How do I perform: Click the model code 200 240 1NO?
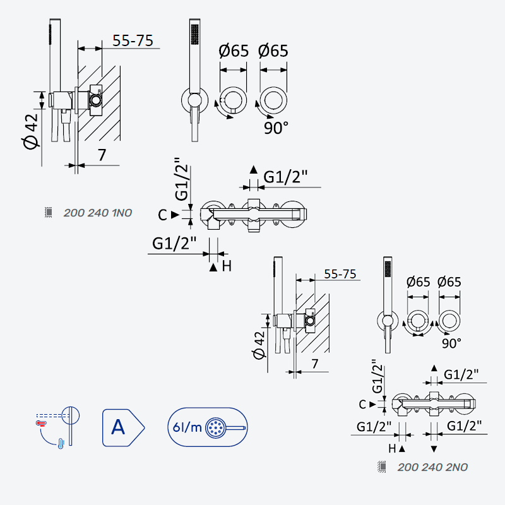point(98,213)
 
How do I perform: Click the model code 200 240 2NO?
point(432,467)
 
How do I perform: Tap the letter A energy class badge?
point(123,428)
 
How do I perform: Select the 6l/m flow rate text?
point(187,427)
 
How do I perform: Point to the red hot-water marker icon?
point(41,423)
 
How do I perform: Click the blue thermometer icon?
point(61,443)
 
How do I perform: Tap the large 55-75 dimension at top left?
point(133,40)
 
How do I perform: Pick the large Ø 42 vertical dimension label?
point(31,131)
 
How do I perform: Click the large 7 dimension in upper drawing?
point(102,155)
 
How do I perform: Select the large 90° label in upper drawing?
point(276,128)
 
